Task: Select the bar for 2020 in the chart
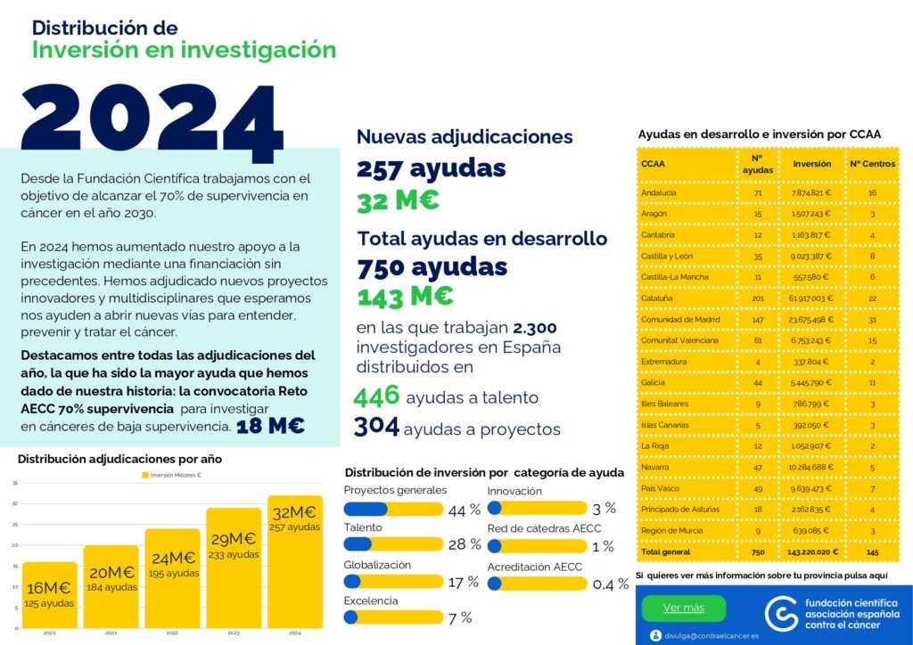coord(50,595)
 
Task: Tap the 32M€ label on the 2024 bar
coord(294,512)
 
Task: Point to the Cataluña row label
coord(657,298)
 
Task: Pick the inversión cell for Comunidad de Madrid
coord(811,319)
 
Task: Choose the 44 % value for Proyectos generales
coord(464,510)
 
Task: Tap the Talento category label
coord(363,527)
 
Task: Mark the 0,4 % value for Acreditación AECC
coord(610,584)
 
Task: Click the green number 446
coord(376,396)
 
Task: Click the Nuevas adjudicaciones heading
coord(465,136)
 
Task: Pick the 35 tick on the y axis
coord(14,483)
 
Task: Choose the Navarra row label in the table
coord(655,467)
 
